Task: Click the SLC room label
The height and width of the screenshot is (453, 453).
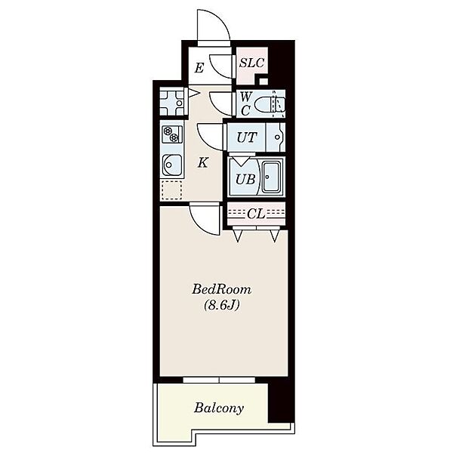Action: pos(251,63)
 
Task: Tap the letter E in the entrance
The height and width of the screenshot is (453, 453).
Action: pos(199,69)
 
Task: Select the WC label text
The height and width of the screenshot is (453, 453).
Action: pos(245,103)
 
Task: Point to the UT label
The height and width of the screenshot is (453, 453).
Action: pos(247,137)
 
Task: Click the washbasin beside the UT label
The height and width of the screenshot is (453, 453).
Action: pos(276,137)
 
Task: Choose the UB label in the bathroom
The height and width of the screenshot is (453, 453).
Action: pos(245,179)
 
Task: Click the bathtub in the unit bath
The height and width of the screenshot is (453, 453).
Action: pos(271,177)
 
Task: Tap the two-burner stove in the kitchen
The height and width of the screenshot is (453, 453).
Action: pos(172,134)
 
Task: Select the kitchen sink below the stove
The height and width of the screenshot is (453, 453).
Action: pos(172,165)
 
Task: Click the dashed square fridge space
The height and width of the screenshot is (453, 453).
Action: pos(172,190)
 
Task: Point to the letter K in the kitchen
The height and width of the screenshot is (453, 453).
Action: pos(202,163)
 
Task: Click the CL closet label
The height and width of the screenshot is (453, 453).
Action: pos(256,214)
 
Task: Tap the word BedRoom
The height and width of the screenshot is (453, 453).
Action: pos(221,289)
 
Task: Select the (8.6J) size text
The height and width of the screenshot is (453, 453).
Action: pos(221,305)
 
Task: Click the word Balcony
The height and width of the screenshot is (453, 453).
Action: pos(219,408)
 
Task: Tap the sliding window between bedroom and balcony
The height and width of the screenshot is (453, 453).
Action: pos(219,380)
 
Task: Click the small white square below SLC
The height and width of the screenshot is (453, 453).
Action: pos(263,82)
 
